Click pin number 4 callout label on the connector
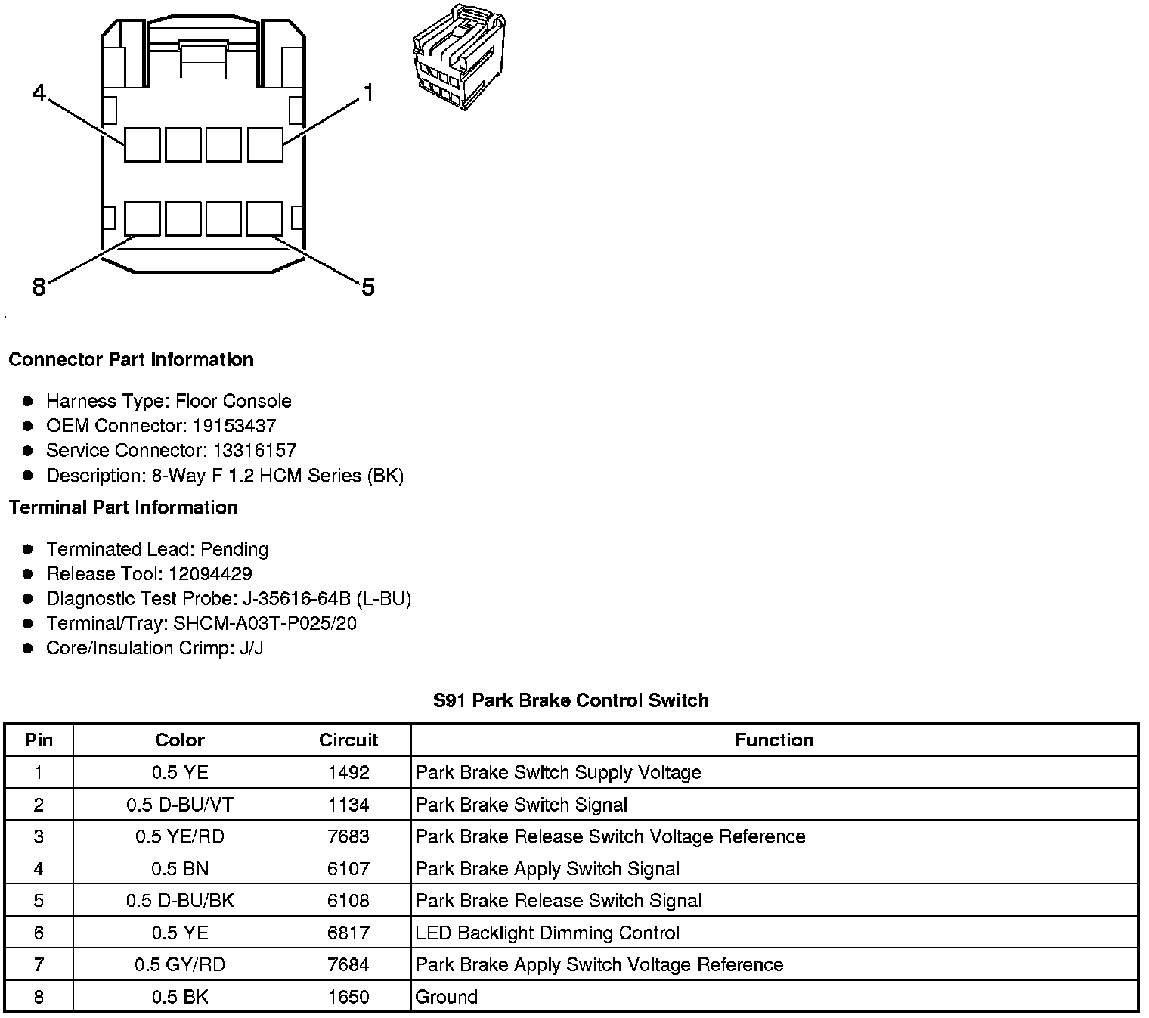39,94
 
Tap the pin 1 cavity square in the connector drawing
265,144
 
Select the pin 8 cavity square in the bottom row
142,219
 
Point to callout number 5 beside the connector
368,287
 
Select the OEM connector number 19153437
234,425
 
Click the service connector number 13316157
254,450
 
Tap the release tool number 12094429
210,573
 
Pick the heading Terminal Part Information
123,507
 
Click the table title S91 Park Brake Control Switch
571,700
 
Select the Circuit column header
348,740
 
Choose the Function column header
774,740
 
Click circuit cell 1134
348,805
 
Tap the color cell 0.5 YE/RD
180,836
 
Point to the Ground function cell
447,997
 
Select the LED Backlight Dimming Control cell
547,933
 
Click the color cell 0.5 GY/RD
180,964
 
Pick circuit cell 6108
348,901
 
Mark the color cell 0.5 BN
180,869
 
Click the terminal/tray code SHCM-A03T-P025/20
265,623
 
